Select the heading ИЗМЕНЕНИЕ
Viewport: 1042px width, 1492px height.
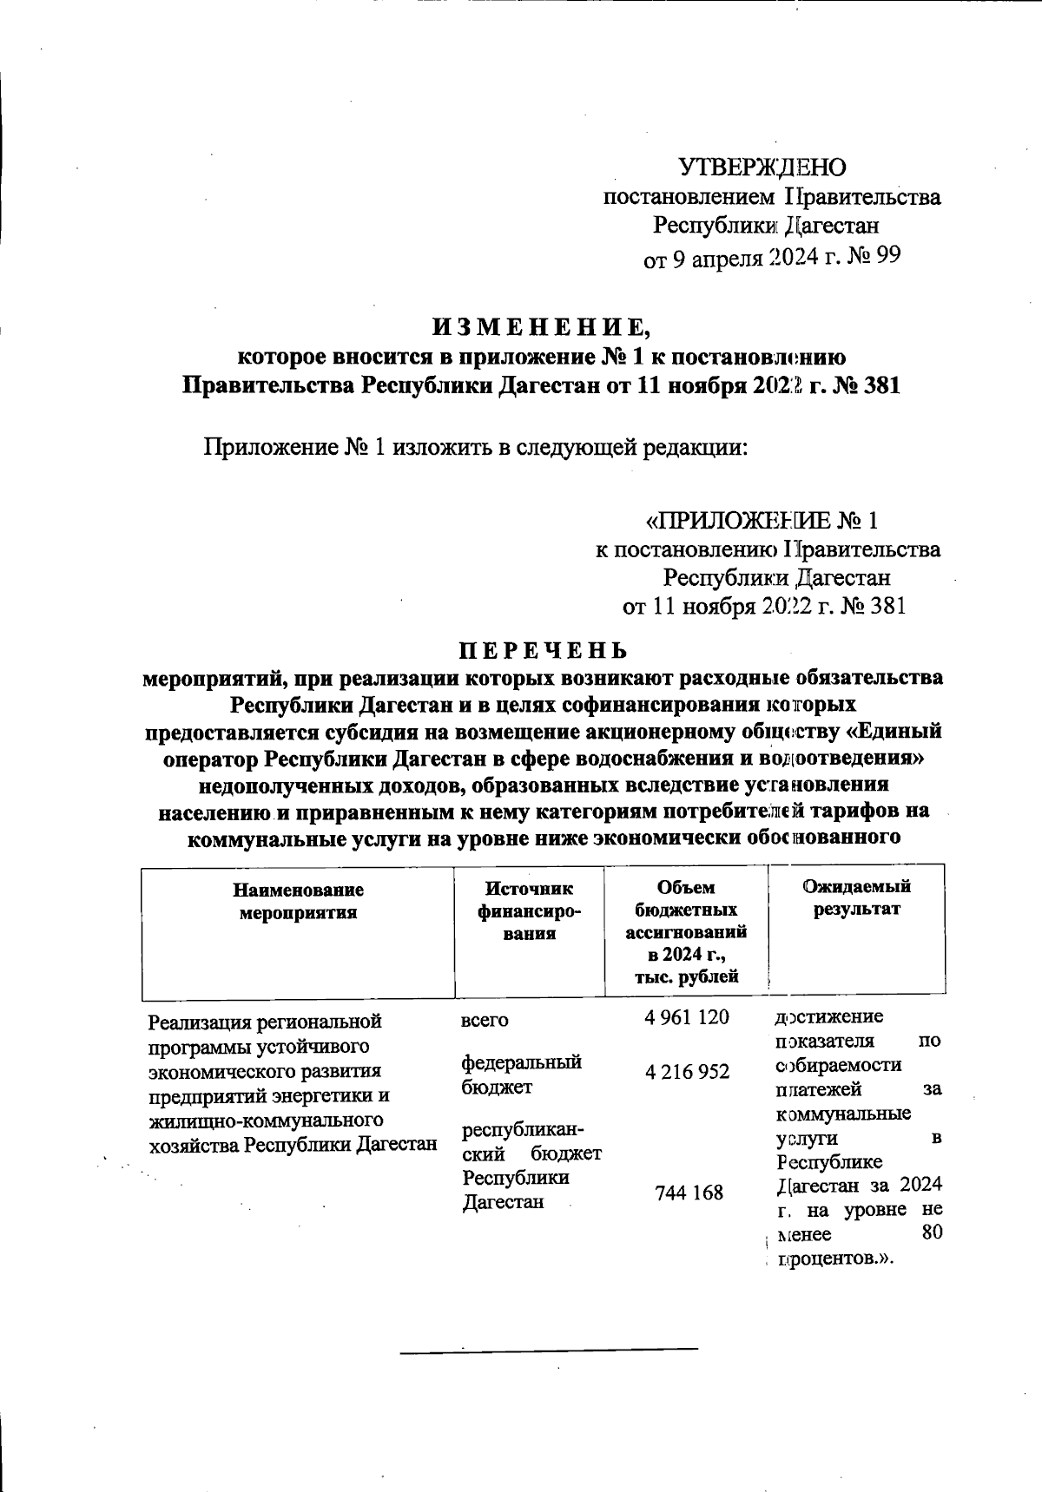pos(540,327)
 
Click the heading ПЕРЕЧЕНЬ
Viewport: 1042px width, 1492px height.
pos(542,650)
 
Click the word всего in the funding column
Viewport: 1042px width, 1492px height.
pos(484,1020)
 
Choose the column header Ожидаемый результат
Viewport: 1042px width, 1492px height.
pos(856,897)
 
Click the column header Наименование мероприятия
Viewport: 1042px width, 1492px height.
pos(298,901)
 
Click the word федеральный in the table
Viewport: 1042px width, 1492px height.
pos(520,1062)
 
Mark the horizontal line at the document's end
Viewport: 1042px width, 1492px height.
pos(549,1349)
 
